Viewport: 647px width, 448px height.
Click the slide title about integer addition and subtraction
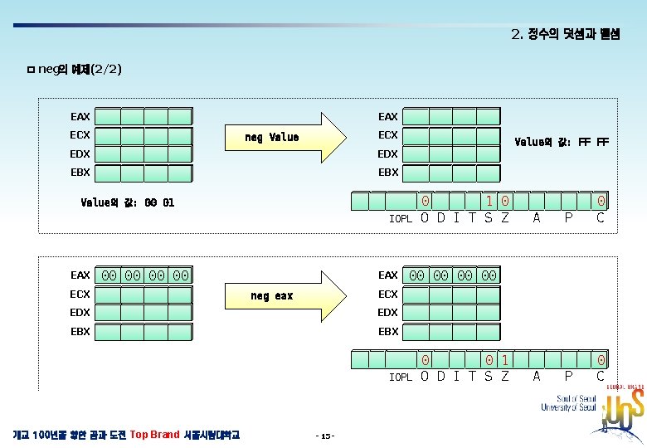click(566, 35)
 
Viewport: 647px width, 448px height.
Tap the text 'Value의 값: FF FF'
click(562, 142)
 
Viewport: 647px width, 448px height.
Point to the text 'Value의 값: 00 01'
click(128, 202)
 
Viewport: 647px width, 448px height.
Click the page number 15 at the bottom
click(325, 436)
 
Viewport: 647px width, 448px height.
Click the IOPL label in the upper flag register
click(401, 219)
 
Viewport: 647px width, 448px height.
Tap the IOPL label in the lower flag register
click(401, 377)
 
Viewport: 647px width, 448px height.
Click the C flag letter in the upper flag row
click(601, 218)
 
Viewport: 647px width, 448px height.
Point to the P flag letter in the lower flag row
click(568, 377)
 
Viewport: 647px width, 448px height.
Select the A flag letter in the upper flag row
click(537, 218)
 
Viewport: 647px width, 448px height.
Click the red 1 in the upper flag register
click(490, 202)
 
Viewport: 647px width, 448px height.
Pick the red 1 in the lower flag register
click(505, 360)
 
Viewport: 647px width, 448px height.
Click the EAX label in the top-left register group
click(80, 117)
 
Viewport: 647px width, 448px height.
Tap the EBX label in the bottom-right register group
click(388, 331)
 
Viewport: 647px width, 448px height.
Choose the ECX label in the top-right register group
click(388, 135)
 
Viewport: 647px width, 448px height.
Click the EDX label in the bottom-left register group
click(80, 313)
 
